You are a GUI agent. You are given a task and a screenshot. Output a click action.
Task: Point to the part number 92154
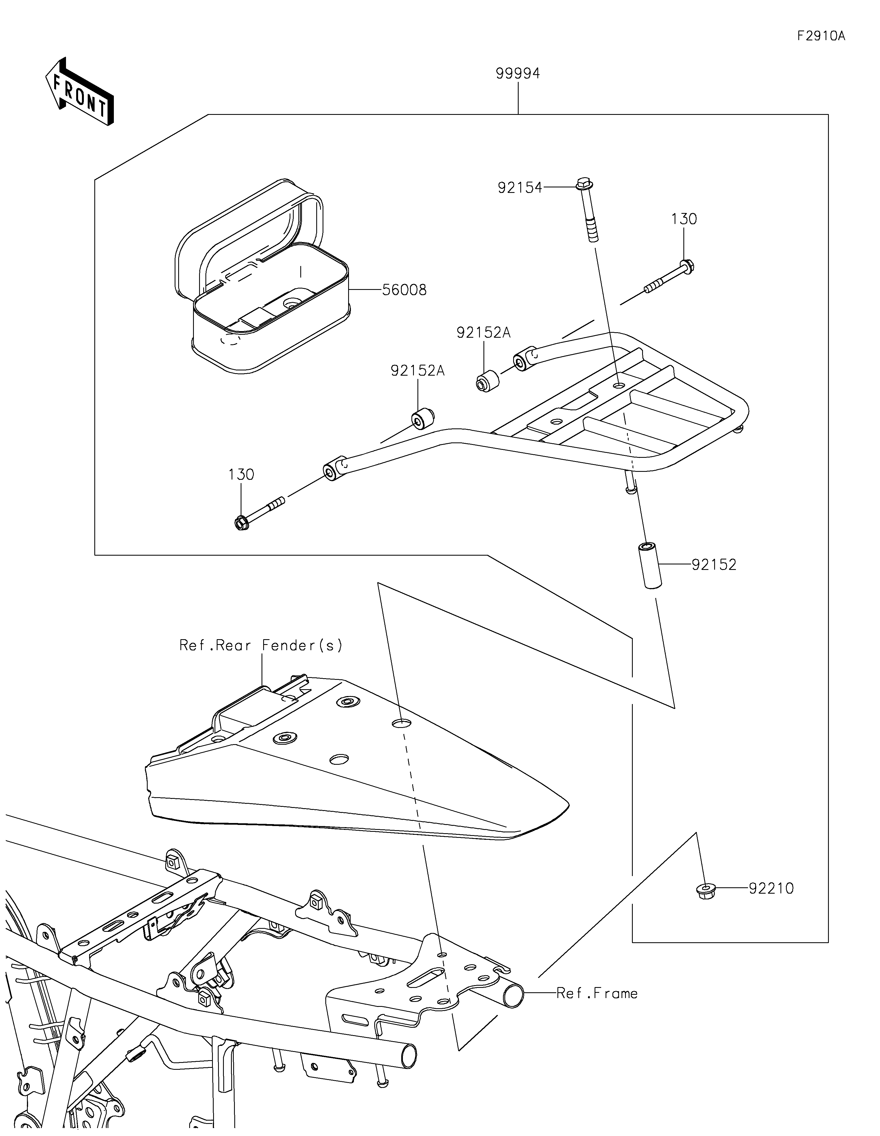coord(520,188)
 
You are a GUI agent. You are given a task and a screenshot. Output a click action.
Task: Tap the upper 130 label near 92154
coord(684,219)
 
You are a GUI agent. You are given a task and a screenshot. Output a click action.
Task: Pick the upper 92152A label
coord(483,333)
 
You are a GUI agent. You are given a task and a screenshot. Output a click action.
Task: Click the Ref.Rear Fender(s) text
coord(261,645)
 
